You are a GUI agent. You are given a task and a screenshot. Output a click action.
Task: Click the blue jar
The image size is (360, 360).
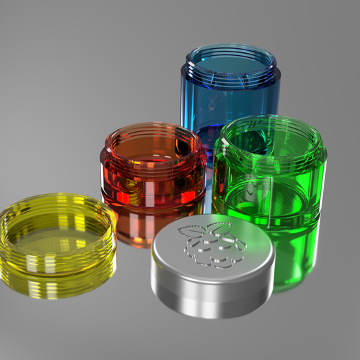[x=230, y=98]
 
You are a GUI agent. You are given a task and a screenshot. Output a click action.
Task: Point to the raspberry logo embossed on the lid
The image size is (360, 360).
[x=211, y=244]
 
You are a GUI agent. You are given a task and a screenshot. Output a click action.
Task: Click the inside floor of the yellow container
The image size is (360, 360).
[x=52, y=237]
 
